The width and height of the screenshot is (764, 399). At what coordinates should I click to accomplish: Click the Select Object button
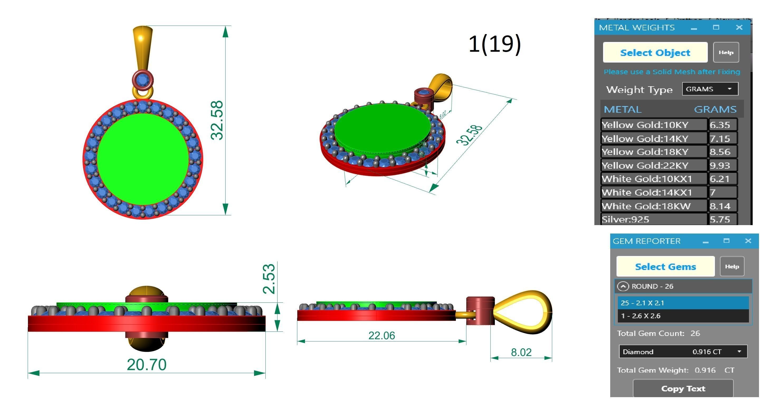[x=655, y=53]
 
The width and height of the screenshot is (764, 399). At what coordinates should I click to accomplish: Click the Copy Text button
[x=683, y=388]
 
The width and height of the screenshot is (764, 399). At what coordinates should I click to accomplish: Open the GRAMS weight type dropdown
[x=710, y=89]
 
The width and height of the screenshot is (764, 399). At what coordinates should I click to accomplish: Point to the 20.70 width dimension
[x=146, y=364]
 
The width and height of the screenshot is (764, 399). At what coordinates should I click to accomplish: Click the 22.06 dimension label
[x=381, y=335]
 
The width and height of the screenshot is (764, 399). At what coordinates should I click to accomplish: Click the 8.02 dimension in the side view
[x=521, y=352]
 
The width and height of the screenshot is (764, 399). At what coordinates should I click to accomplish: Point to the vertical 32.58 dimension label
[x=217, y=120]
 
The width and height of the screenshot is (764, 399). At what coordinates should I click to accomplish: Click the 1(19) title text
[x=494, y=44]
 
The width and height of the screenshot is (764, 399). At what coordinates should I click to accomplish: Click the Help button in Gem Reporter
[x=732, y=266]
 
